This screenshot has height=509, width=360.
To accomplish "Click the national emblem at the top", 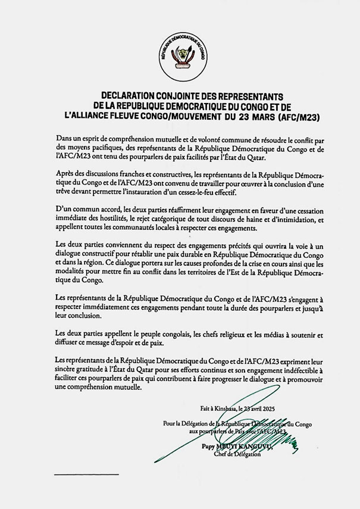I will pos(183,57).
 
